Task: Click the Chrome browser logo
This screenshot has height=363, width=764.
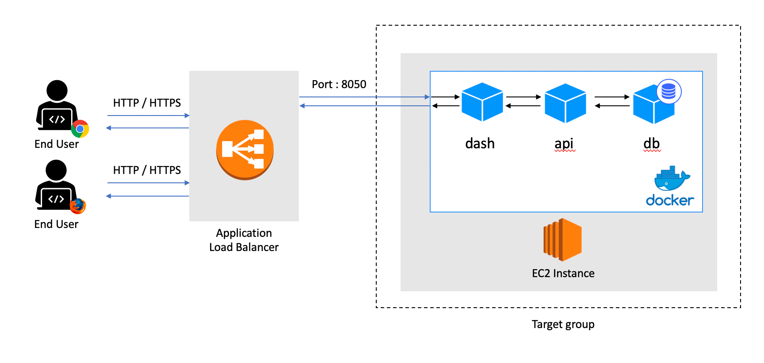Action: [80, 129]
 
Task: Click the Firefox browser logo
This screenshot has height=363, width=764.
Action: [78, 206]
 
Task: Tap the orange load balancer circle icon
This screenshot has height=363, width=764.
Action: [244, 150]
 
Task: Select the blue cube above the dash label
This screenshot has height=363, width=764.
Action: [482, 102]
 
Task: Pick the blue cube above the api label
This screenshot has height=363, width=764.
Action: [565, 103]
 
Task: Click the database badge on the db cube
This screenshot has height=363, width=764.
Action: [668, 92]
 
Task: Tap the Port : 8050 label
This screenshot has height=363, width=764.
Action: [339, 84]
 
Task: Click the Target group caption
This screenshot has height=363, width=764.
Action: [563, 324]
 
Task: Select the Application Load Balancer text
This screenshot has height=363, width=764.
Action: [244, 240]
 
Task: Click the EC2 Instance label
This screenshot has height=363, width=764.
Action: [563, 273]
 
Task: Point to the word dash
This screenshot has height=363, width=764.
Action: [480, 143]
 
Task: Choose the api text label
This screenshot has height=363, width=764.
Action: [564, 143]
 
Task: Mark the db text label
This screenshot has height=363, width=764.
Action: [652, 143]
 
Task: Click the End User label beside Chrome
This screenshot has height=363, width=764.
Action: [57, 144]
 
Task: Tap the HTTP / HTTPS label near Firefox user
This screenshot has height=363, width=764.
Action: [147, 170]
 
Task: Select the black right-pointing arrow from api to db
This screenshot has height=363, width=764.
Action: [612, 97]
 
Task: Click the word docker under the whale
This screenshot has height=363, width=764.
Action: [670, 200]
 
